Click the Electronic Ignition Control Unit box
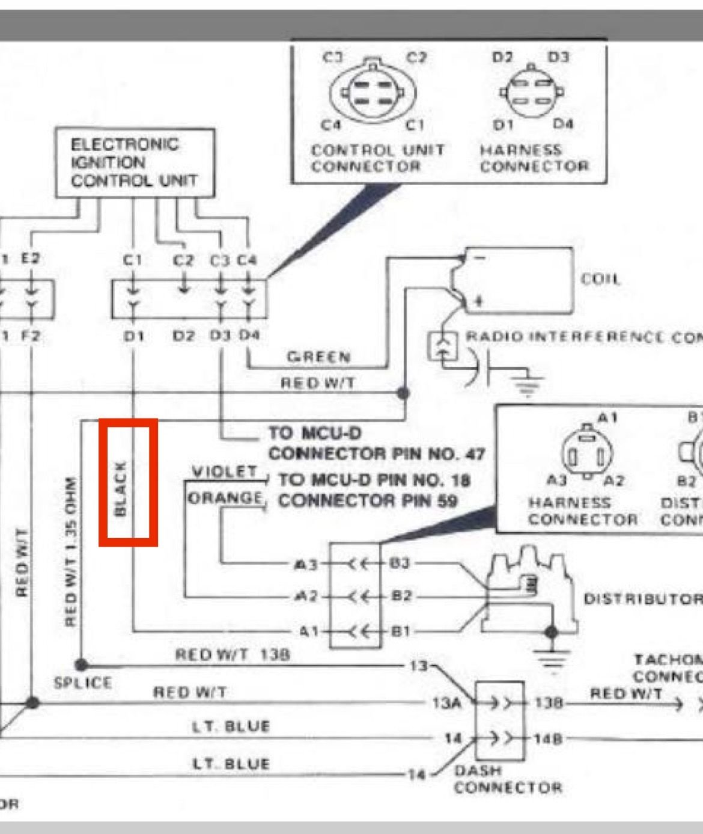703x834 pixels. [135, 162]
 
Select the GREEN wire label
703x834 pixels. [318, 357]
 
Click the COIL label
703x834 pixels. [600, 279]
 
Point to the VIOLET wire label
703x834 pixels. [224, 472]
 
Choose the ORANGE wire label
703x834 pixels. [225, 498]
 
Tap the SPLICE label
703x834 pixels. [82, 683]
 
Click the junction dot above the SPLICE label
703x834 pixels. [81, 665]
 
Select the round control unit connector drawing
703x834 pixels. [373, 93]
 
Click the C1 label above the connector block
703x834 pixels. [132, 260]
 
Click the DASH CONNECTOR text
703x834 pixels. [508, 779]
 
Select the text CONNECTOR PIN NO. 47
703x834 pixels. [376, 453]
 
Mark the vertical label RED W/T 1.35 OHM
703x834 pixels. [71, 551]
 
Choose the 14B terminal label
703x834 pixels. [547, 738]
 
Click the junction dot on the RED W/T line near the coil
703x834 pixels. [403, 393]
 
